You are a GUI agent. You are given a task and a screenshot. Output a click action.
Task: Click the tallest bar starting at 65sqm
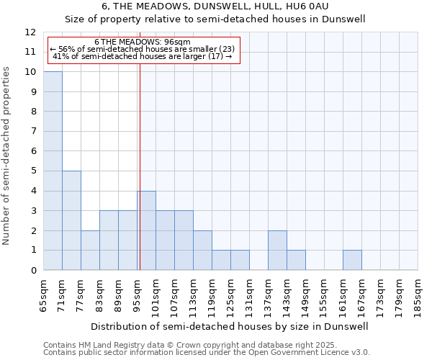point(53,171)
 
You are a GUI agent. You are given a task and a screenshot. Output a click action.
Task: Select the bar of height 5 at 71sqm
point(71,220)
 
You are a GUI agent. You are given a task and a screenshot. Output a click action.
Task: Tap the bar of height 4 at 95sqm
point(146,230)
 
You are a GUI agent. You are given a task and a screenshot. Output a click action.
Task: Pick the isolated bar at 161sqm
point(352,260)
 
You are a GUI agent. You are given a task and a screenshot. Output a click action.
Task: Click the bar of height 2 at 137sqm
point(277,250)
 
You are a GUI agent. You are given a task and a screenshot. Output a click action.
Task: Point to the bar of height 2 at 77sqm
point(90,250)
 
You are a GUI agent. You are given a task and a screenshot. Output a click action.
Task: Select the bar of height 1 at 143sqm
point(296,260)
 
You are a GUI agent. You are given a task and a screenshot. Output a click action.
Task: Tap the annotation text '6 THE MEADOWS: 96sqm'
point(142,42)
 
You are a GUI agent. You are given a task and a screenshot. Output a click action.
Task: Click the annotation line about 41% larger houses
point(142,56)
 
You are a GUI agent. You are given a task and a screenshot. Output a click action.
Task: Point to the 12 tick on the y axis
point(30,32)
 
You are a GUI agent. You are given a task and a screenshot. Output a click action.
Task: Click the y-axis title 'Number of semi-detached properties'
point(7,156)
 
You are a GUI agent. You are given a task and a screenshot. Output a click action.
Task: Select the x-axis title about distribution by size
point(230,326)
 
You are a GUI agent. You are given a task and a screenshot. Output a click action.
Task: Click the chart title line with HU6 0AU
point(215,6)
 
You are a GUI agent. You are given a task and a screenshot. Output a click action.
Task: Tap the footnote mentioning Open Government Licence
point(207,353)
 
